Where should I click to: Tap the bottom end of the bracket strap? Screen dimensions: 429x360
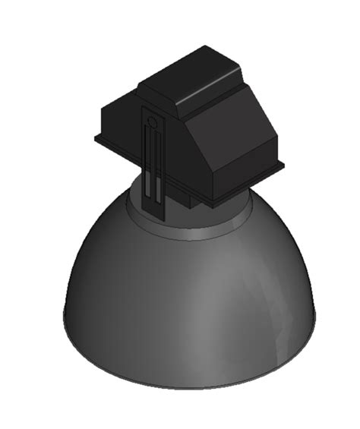pyautogui.click(x=153, y=213)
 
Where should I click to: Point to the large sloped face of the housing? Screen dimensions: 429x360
pyautogui.click(x=232, y=125)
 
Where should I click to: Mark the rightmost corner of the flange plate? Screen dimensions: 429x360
pyautogui.click(x=284, y=164)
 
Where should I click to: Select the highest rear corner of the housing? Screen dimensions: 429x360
pyautogui.click(x=210, y=48)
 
